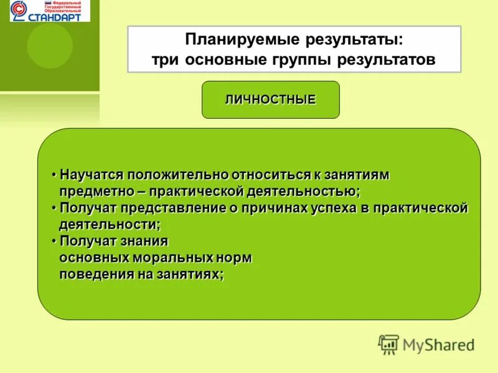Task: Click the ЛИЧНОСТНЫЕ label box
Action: (270, 99)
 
